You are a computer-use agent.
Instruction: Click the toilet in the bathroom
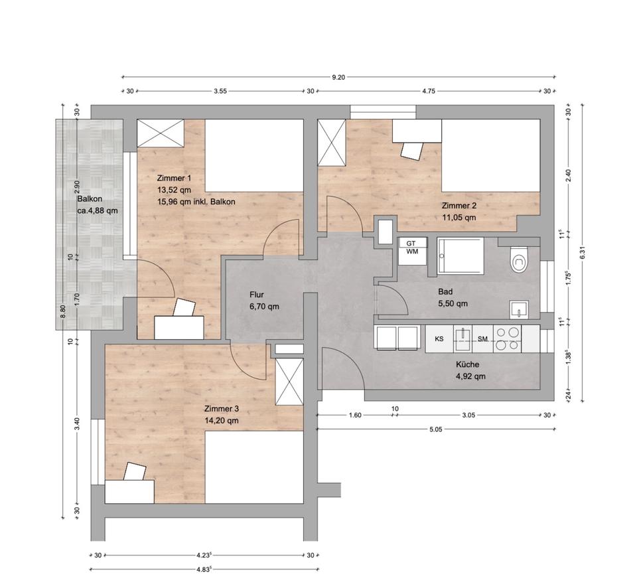(518, 259)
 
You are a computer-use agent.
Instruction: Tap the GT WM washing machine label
(411, 248)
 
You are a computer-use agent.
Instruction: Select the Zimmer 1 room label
(174, 178)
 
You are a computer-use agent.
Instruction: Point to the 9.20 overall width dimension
(338, 77)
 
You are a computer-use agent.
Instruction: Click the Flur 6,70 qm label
(264, 301)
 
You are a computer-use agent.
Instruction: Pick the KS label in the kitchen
(439, 338)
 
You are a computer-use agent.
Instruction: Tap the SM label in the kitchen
(482, 338)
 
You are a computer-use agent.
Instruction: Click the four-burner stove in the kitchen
(508, 339)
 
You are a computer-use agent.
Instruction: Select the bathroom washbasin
(519, 309)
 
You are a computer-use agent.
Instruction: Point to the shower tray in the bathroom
(460, 256)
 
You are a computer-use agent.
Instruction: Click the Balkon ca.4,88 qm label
(98, 205)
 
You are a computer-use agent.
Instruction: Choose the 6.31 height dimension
(583, 253)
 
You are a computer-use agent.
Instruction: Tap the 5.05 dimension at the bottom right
(435, 429)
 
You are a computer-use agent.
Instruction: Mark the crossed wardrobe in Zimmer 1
(161, 133)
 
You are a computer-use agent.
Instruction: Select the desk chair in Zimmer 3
(135, 471)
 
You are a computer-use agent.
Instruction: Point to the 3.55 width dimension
(220, 91)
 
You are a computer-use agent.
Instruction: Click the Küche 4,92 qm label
(470, 370)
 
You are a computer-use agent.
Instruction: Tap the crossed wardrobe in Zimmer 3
(290, 382)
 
